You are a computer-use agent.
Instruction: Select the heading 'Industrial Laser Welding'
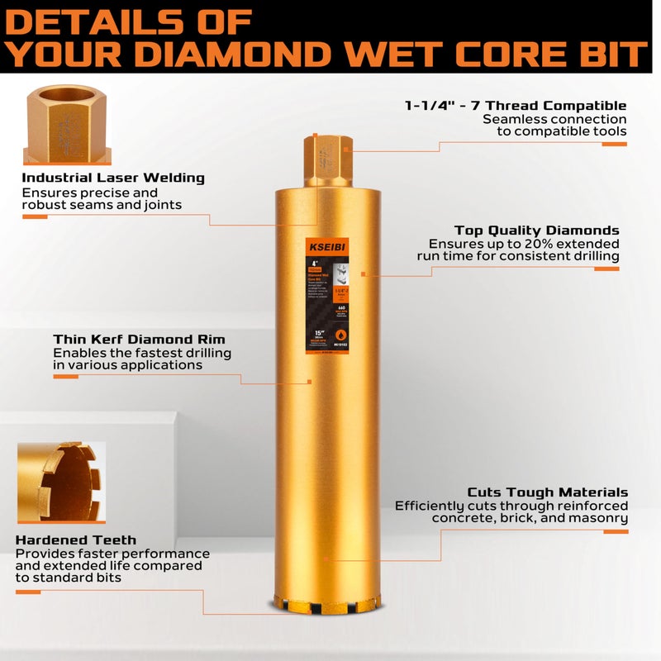[x=113, y=178]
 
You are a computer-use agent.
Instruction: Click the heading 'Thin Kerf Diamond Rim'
[x=139, y=339]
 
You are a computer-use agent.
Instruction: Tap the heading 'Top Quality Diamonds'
[x=536, y=231]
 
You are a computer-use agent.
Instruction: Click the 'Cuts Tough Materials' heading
[x=547, y=492]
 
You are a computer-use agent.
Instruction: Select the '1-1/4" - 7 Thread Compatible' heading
[x=516, y=105]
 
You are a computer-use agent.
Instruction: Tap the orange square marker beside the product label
[x=364, y=273]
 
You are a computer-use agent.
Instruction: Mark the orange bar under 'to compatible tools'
[x=614, y=144]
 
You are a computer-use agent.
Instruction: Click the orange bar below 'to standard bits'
[x=28, y=592]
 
